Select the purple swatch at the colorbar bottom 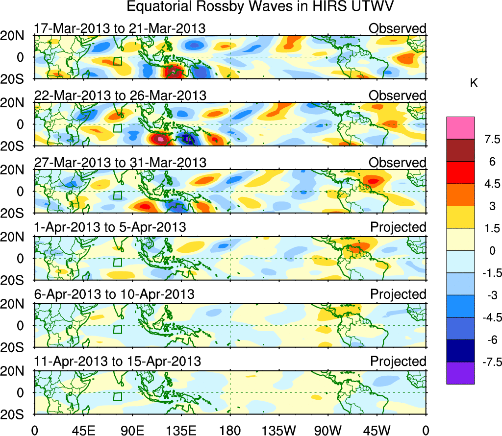point(460,373)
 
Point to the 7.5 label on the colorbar point(491,139)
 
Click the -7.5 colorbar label point(489,362)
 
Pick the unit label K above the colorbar point(474,84)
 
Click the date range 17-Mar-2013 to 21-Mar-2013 point(120,28)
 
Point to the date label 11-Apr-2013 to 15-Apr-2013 point(118,362)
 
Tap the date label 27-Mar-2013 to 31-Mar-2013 point(120,162)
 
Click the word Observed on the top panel point(398,28)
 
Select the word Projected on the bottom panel point(398,362)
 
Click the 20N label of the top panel point(16,36)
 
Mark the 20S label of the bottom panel point(16,414)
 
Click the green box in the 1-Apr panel point(117,262)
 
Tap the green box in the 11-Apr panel point(117,396)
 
